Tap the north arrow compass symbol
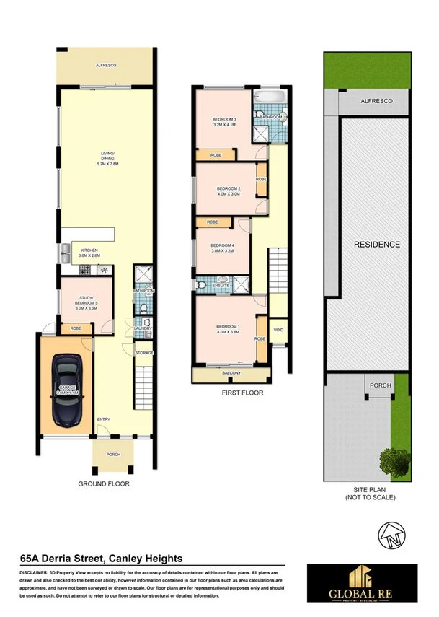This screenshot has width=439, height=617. tap(390, 535)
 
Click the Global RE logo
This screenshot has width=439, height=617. tap(371, 583)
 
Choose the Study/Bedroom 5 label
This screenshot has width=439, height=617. tap(80, 305)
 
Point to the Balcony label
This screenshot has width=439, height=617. tap(230, 374)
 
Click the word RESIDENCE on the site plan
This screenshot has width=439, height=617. tap(376, 245)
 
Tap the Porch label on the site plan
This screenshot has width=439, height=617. tap(380, 385)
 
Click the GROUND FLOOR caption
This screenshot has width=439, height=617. tap(104, 483)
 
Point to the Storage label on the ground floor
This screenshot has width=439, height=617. tap(144, 352)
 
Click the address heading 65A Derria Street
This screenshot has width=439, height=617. tap(100, 558)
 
